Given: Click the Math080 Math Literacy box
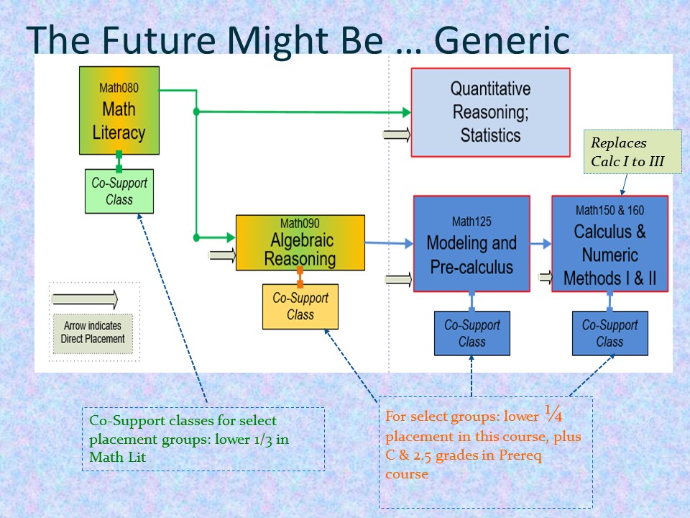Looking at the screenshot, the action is tap(119, 110).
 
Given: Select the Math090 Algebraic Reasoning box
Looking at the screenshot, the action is tap(300, 242).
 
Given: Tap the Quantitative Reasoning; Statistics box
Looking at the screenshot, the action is tap(490, 112).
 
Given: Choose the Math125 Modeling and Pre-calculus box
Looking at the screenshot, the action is tap(471, 243).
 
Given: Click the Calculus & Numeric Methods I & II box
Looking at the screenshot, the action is tap(609, 243).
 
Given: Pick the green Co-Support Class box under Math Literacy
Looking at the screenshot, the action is tap(119, 191).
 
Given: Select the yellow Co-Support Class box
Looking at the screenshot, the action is tap(300, 306).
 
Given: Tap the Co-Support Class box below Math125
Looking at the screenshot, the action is tap(471, 333).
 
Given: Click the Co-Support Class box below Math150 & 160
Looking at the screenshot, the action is tap(609, 333).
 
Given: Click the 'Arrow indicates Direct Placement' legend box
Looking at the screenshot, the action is tap(93, 332).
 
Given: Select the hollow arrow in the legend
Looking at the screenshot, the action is tap(85, 298).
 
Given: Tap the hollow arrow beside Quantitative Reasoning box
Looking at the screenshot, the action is tap(397, 135).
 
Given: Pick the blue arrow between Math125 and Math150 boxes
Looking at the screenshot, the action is tap(540, 244).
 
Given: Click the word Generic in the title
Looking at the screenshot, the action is tap(501, 41).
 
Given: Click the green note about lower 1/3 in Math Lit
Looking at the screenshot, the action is tap(203, 439).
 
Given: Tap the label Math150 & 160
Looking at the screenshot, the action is tap(609, 210).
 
